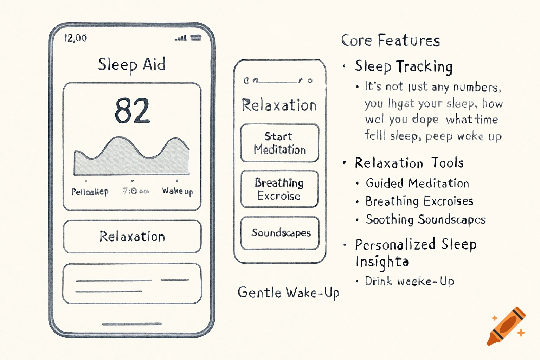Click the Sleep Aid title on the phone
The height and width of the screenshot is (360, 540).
click(132, 65)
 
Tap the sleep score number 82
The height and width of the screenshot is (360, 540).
click(132, 110)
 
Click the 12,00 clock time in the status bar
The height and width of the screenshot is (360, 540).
click(75, 38)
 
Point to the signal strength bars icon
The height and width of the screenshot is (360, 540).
click(181, 38)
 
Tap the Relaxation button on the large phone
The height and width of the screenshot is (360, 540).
click(132, 236)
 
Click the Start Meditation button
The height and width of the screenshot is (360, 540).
click(280, 143)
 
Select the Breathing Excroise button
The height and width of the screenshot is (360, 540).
click(279, 189)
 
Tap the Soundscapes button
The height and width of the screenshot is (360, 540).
click(280, 233)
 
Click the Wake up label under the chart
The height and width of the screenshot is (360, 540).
click(178, 191)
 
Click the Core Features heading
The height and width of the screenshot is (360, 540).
click(390, 41)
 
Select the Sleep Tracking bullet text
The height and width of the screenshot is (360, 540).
click(404, 66)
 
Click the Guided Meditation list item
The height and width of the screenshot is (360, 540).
click(417, 183)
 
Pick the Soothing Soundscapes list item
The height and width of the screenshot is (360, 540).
click(425, 219)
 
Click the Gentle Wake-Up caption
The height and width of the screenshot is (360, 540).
click(288, 292)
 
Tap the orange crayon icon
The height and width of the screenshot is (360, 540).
click(506, 326)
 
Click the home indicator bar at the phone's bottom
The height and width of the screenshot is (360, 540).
click(132, 324)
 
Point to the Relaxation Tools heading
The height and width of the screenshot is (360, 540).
click(409, 163)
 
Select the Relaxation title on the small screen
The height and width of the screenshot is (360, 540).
click(279, 105)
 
